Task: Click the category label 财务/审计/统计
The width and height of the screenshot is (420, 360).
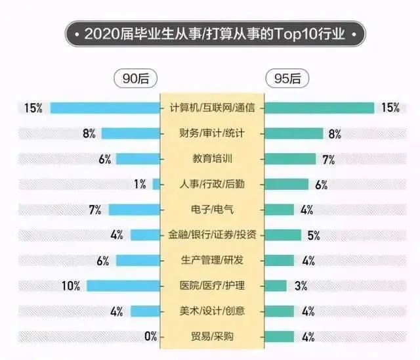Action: pos(212,133)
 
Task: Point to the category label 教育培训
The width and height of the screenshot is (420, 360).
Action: pos(212,159)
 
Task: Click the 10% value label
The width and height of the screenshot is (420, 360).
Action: pos(71,286)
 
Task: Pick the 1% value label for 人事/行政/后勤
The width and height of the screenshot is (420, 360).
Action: pos(139,185)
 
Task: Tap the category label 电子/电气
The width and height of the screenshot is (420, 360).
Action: pos(212,210)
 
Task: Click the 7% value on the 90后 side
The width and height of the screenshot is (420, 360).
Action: pos(94,210)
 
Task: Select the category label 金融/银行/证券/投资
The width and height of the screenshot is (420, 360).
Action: pos(212,235)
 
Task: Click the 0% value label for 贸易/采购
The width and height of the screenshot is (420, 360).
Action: pos(150,337)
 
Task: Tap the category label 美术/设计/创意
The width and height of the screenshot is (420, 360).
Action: pos(212,311)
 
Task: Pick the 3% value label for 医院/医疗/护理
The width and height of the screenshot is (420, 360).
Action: pos(301,286)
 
